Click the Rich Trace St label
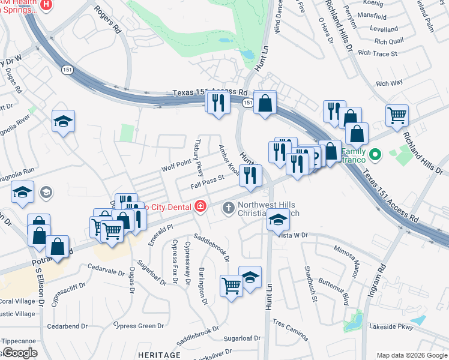(378, 53)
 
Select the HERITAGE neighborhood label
(159, 355)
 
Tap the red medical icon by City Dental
(200, 207)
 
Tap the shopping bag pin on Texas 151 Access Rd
(264, 103)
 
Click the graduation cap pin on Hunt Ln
(277, 220)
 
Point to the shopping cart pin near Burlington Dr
(231, 285)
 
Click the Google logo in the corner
(19, 352)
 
